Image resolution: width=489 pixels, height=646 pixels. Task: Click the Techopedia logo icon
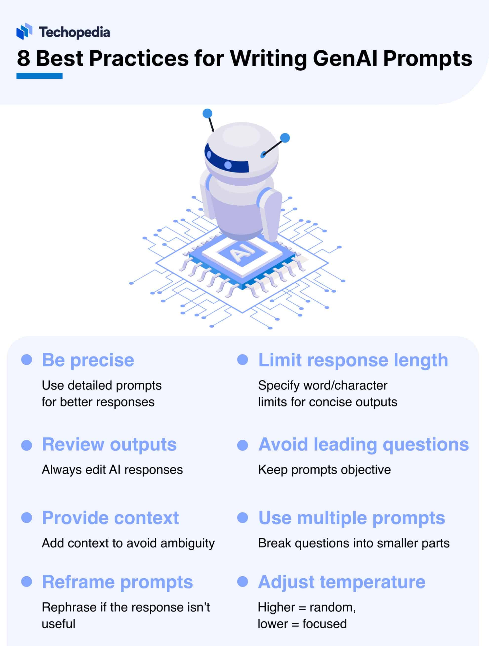(24, 31)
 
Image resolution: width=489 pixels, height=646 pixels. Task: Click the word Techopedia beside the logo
(75, 32)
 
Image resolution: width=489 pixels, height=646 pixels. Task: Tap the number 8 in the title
(23, 58)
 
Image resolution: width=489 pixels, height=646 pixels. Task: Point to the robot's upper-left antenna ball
(207, 113)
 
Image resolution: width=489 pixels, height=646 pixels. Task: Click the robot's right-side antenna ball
(285, 138)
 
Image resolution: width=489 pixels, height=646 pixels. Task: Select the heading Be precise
(88, 360)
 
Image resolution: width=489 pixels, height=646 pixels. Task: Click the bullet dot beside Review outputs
(27, 445)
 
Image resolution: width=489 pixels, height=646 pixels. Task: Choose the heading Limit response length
(353, 360)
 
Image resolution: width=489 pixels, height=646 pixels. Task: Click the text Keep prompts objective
(324, 470)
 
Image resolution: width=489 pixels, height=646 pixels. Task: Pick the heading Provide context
(110, 518)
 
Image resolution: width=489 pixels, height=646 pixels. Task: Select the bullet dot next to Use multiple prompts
(243, 518)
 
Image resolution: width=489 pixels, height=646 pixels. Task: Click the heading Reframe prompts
(117, 582)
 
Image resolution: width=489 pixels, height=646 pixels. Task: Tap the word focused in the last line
(324, 624)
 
